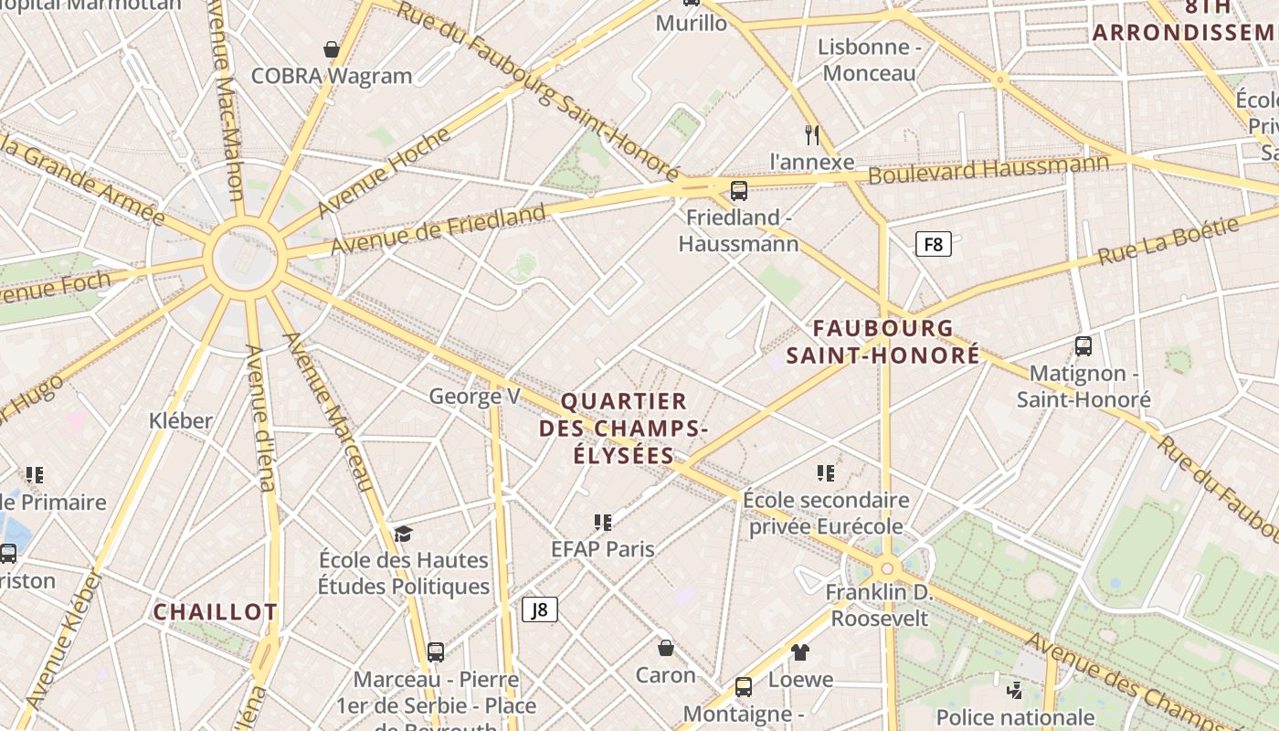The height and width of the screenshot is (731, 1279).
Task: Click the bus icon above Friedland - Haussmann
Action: click(739, 191)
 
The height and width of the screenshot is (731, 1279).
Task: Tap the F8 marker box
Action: click(933, 244)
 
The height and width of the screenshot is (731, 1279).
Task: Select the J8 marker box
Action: click(540, 609)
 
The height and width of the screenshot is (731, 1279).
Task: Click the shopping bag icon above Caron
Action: click(666, 648)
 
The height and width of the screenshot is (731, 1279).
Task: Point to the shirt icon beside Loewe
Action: click(800, 652)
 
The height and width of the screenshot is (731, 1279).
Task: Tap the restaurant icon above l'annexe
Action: click(812, 135)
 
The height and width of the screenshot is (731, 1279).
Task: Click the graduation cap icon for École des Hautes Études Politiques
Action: click(403, 534)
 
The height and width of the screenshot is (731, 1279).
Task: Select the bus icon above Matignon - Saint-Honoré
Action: click(1083, 346)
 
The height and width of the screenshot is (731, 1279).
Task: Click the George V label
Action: click(474, 396)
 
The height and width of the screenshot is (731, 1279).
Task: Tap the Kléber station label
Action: click(181, 420)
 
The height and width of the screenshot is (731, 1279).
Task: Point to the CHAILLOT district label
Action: click(215, 612)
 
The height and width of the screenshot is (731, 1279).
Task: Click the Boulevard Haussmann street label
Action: click(988, 169)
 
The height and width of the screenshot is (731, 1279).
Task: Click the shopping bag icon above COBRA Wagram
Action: click(332, 49)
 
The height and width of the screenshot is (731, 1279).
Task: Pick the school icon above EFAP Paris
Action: click(602, 522)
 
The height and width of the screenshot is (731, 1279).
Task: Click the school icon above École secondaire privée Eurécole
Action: click(826, 472)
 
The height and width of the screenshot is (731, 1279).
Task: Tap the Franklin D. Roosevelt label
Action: click(878, 605)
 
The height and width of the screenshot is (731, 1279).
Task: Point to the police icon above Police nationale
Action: click(1014, 690)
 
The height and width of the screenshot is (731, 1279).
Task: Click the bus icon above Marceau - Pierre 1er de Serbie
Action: click(436, 652)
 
